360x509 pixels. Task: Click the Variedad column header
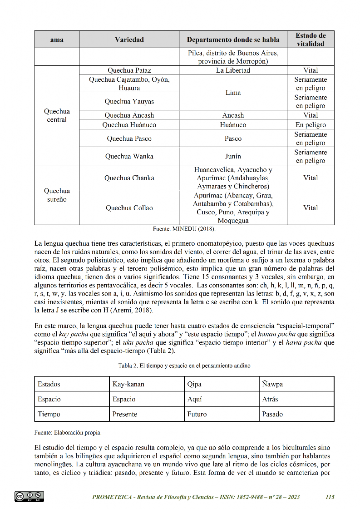point(129,40)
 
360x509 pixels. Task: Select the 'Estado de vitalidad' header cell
point(311,40)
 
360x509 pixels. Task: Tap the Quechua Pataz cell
point(129,70)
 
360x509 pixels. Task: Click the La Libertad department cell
point(233,70)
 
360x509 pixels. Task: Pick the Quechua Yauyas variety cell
point(129,102)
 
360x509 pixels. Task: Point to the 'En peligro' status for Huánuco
point(311,125)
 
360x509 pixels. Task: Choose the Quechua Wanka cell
point(129,156)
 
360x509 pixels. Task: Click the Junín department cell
point(233,156)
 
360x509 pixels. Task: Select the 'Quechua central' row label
point(57,116)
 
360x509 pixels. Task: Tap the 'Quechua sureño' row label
point(57,195)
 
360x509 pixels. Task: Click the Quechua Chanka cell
point(129,178)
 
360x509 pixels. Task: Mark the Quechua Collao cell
point(129,208)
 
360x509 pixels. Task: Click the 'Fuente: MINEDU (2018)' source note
point(184,229)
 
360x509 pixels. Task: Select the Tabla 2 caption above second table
point(184,366)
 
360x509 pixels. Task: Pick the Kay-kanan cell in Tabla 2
point(128,384)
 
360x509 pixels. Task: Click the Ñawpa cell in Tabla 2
point(272,384)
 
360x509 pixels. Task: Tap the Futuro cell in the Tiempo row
point(197,414)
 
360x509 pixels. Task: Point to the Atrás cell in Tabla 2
point(270,400)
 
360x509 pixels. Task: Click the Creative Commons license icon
point(29,497)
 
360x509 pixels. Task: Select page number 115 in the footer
point(330,497)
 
